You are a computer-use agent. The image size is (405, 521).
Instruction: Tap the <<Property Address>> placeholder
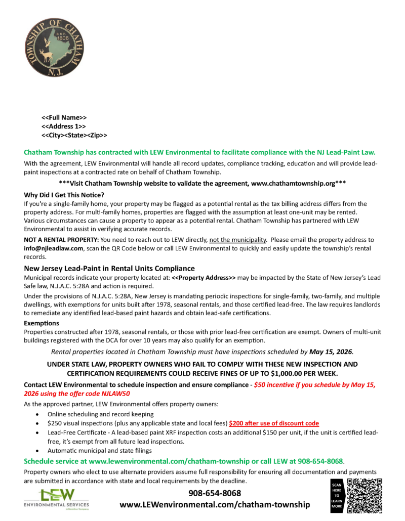click(204, 278)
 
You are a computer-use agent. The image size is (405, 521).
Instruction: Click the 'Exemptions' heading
click(42, 323)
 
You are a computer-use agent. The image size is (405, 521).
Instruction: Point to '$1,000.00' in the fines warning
click(298, 373)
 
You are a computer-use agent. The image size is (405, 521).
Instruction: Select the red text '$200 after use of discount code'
click(274, 423)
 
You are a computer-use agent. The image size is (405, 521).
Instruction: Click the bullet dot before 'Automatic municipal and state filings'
click(37, 450)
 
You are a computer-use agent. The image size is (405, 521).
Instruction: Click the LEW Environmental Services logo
click(56, 498)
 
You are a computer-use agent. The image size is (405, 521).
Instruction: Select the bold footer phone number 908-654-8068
click(215, 493)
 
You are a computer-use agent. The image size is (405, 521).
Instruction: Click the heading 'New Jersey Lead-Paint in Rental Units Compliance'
click(109, 269)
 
